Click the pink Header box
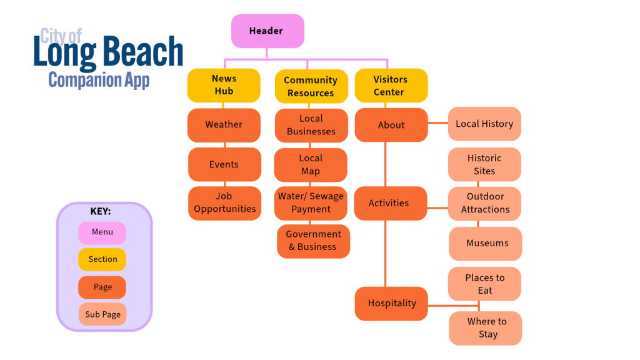(x=267, y=31)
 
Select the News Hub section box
(x=224, y=85)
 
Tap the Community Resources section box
(x=311, y=86)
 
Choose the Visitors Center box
(x=391, y=86)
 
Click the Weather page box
(x=224, y=125)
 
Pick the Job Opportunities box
(x=224, y=203)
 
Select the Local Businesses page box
(x=311, y=126)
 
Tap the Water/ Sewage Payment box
(x=311, y=203)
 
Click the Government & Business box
(x=313, y=241)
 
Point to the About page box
(x=391, y=125)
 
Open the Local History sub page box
(x=484, y=124)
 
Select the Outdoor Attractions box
(x=485, y=203)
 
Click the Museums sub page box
(x=486, y=243)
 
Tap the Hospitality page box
(x=392, y=304)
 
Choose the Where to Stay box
(x=486, y=328)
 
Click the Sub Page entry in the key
(x=102, y=314)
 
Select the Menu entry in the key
(x=102, y=232)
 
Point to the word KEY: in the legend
(x=101, y=211)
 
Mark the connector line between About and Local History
(x=437, y=124)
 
